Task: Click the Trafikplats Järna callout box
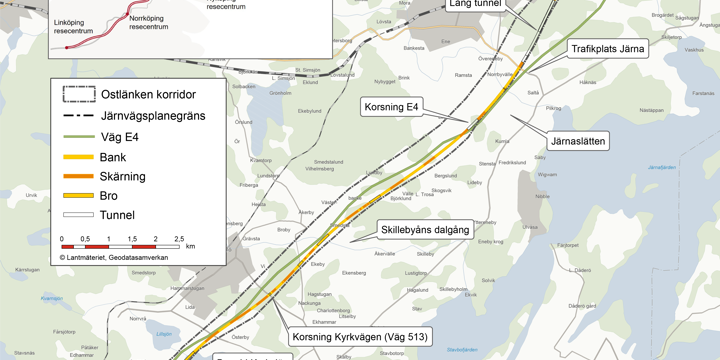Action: tap(608, 48)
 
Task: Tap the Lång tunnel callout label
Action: tap(474, 5)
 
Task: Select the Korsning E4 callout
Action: tap(391, 106)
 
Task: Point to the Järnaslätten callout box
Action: tap(578, 142)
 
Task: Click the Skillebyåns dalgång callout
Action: tap(424, 230)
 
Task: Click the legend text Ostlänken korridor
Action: tap(148, 94)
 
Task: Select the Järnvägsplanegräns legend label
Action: tap(152, 116)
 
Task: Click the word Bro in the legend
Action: tap(108, 196)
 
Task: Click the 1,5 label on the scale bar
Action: tap(131, 240)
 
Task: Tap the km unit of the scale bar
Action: tap(190, 246)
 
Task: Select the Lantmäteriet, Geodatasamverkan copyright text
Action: tap(113, 257)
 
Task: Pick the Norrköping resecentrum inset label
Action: tap(149, 23)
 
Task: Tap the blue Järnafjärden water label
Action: tap(662, 167)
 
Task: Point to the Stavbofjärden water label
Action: tap(462, 349)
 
